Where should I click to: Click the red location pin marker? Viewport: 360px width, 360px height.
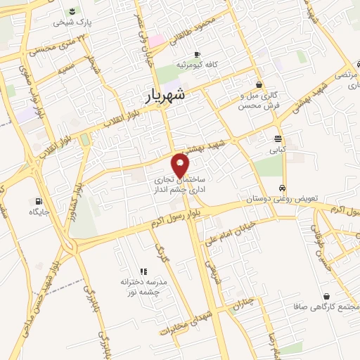181,165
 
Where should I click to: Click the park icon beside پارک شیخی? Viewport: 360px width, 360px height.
72,11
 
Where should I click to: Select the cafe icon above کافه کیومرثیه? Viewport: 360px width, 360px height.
197,54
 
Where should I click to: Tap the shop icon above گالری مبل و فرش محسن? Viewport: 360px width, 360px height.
259,84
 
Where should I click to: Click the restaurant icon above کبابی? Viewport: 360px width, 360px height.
278,139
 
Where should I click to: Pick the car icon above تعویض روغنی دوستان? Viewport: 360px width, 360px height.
282,188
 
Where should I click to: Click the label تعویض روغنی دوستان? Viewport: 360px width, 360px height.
283,199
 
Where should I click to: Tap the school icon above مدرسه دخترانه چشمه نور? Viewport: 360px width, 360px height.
143,271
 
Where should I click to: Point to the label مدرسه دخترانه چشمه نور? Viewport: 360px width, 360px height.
143,285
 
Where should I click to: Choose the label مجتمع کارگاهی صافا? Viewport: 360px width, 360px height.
327,307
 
